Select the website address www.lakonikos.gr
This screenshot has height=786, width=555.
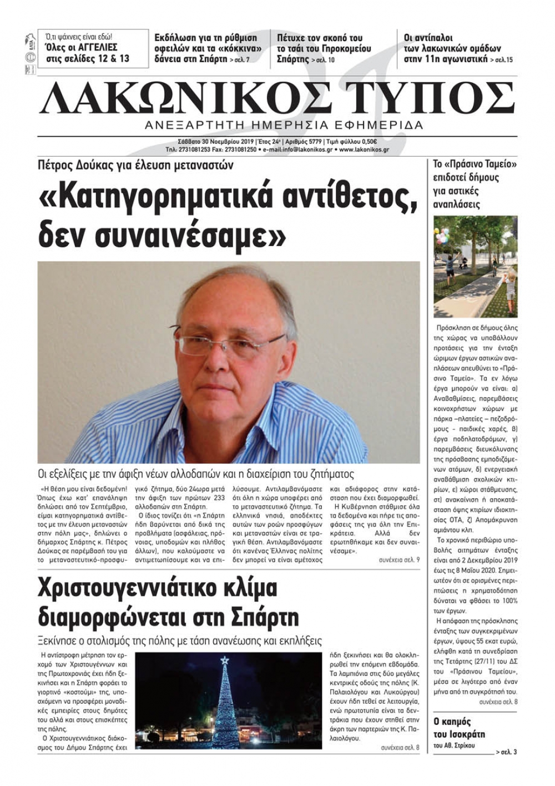tap(364, 150)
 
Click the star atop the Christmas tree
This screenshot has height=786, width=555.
tap(224, 661)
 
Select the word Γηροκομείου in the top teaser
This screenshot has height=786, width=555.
tap(346, 48)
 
